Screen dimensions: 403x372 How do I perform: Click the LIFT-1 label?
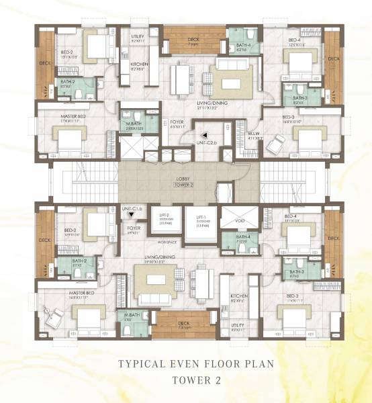coord(201,218)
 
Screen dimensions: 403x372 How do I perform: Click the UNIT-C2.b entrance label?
coord(207,142)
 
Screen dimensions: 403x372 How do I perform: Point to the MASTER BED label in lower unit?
coord(57,294)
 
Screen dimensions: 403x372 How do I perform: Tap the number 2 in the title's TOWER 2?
coord(214,379)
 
